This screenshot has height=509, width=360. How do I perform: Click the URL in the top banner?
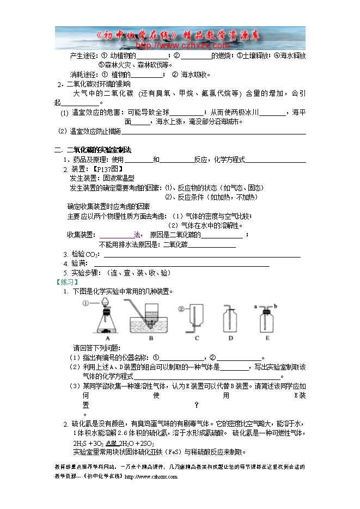pyautogui.click(x=180, y=46)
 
